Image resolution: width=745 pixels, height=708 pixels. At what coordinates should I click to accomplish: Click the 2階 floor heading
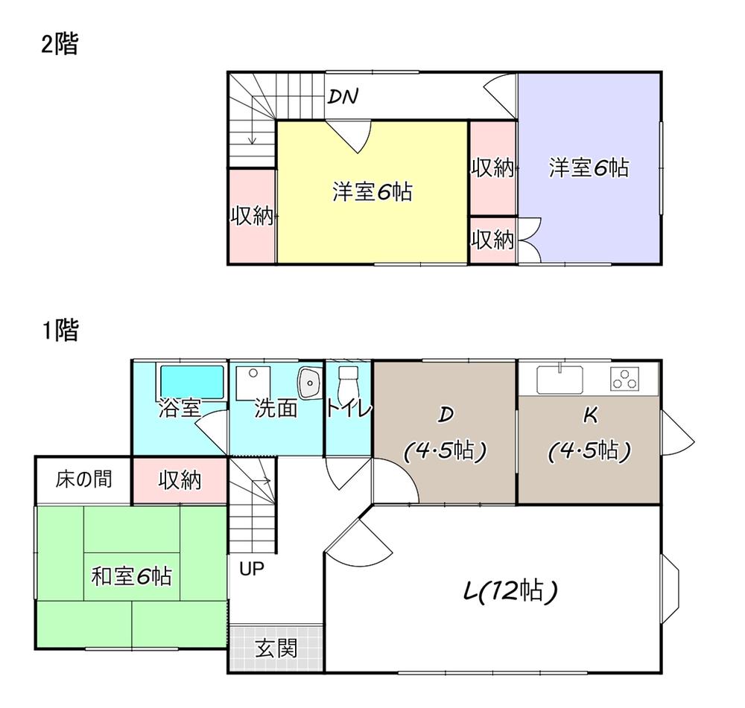59,45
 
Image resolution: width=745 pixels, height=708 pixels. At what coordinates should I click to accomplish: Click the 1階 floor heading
59,331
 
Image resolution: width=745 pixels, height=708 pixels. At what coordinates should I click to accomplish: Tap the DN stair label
343,96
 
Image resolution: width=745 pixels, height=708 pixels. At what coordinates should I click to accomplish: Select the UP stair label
252,569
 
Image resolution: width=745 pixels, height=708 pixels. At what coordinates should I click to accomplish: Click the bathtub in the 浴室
192,382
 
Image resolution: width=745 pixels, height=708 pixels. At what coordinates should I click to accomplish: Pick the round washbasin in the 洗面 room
308,383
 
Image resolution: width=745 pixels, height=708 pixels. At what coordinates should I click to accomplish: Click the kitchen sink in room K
561,379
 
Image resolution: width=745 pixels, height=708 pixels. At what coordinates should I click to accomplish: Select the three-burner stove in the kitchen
625,379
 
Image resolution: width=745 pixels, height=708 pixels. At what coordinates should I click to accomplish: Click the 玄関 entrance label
276,649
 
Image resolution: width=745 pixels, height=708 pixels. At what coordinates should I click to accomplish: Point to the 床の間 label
83,479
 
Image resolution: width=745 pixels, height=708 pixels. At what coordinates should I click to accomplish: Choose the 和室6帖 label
131,575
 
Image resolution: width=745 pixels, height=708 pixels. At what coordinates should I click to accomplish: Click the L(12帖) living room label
510,593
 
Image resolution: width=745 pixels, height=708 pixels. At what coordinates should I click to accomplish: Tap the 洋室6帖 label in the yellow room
372,193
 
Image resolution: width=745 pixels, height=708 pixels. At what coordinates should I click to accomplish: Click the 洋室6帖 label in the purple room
589,168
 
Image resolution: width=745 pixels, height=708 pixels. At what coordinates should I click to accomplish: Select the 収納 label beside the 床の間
180,480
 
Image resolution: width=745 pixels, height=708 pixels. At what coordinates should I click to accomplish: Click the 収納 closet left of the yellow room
252,217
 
